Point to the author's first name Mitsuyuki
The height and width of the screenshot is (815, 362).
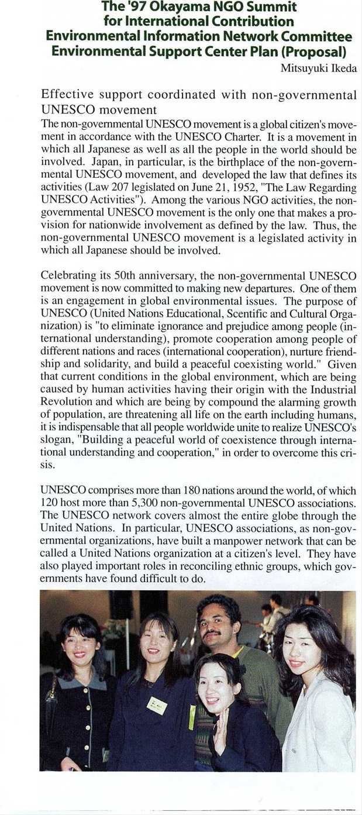304,68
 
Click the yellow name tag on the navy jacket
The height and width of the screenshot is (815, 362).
156,705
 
